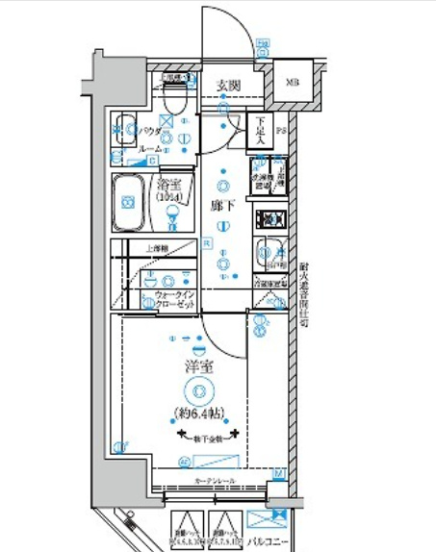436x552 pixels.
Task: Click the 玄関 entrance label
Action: pyautogui.click(x=228, y=87)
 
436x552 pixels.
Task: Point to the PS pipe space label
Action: pyautogui.click(x=281, y=128)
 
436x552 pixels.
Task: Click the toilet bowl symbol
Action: pyautogui.click(x=174, y=97)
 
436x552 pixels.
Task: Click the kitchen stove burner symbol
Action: pyautogui.click(x=267, y=217)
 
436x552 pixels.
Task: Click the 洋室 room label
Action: pyautogui.click(x=198, y=366)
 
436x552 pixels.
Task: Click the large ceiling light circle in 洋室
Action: pyautogui.click(x=198, y=390)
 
